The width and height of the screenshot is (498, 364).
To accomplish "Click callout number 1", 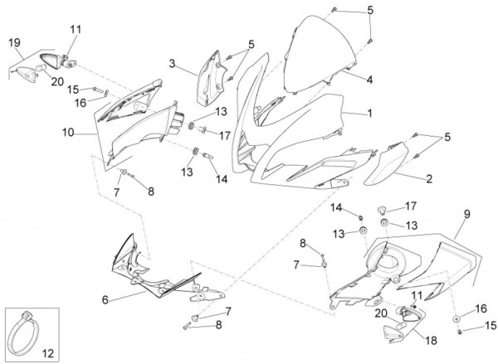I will pyautogui.click(x=370, y=114).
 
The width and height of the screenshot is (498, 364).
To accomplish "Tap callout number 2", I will pyautogui.click(x=428, y=177).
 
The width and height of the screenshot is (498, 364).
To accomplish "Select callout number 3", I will pyautogui.click(x=171, y=63).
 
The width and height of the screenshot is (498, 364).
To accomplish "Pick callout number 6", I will pyautogui.click(x=105, y=299).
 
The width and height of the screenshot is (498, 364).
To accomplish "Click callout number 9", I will pyautogui.click(x=466, y=214).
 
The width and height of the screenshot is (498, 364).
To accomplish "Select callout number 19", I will pyautogui.click(x=14, y=41).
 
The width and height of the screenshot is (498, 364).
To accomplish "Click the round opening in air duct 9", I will pyautogui.click(x=389, y=262).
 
